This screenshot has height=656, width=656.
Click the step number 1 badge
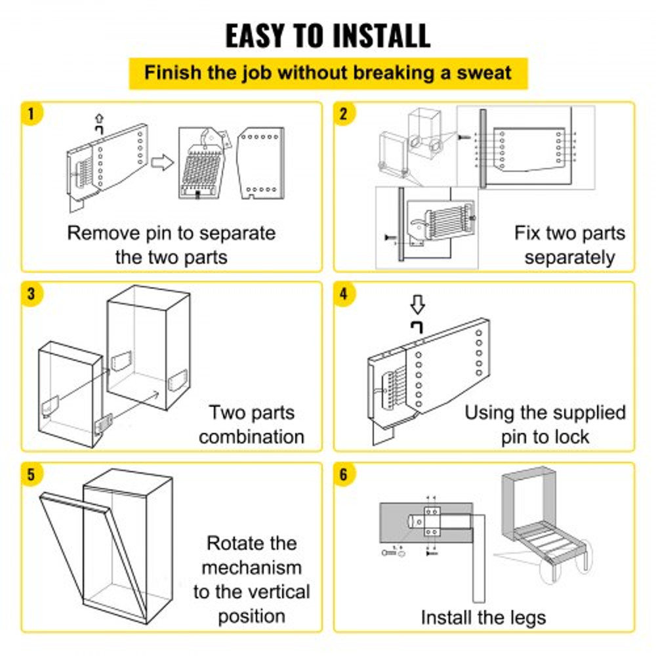tap(30, 113)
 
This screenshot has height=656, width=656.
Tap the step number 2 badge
tap(343, 113)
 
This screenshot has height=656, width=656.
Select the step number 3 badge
tap(30, 294)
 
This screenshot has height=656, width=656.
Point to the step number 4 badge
tap(343, 294)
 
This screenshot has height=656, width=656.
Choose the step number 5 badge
tap(30, 474)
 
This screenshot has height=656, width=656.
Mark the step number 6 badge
tap(343, 474)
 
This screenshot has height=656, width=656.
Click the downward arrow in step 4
tap(417, 304)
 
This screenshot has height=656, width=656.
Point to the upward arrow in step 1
tap(99, 119)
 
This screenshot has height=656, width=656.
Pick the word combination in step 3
tap(251, 437)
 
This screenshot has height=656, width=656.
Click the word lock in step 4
tap(568, 437)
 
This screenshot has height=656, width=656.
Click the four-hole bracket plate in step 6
tap(431, 523)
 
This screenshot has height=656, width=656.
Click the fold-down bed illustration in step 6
tap(543, 525)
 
